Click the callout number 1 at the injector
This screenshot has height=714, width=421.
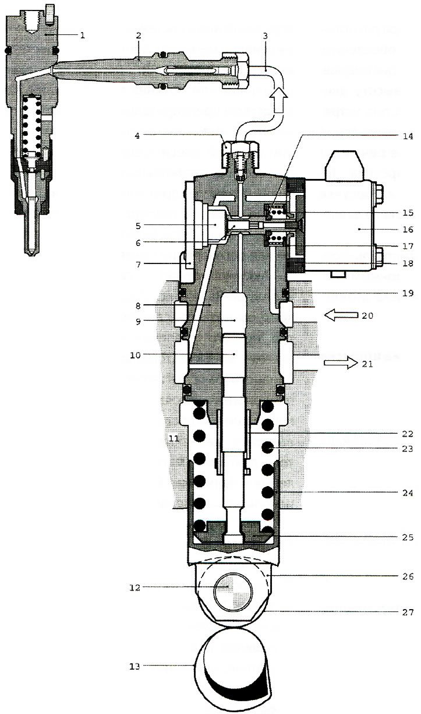point(82,35)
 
